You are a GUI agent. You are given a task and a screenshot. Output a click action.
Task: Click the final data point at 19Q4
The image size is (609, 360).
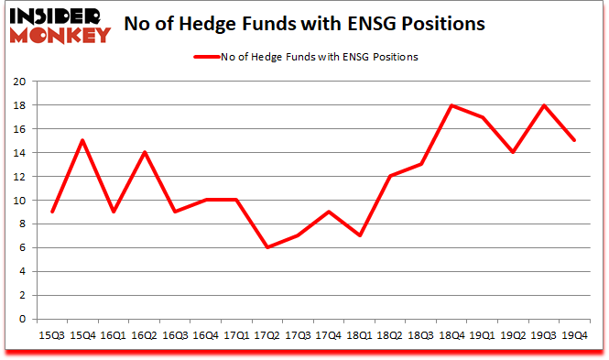click(x=575, y=140)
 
